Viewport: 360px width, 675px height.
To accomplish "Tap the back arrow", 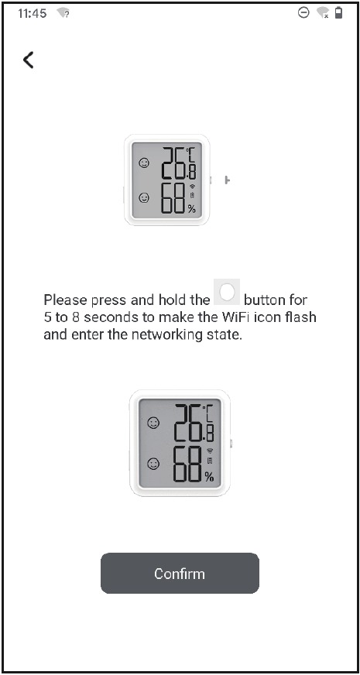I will [29, 60].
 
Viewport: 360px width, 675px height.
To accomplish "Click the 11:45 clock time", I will [32, 14].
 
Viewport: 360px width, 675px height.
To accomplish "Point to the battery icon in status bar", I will [338, 14].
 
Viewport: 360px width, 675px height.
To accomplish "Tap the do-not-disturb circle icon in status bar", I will [303, 14].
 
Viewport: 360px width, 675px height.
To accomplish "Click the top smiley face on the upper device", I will [144, 163].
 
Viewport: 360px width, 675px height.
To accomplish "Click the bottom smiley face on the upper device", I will [144, 198].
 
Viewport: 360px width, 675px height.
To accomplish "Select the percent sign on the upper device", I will [192, 209].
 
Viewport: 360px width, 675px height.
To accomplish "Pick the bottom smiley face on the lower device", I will [153, 464].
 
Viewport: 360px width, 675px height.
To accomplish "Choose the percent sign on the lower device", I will [208, 476].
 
